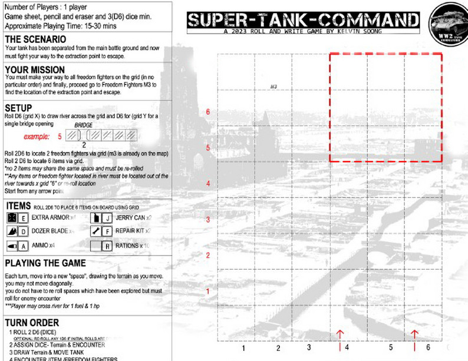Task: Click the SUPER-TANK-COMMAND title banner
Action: click(304, 21)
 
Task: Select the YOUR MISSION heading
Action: click(35, 70)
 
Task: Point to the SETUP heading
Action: click(18, 108)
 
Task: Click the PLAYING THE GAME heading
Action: click(54, 263)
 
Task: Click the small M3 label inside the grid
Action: click(274, 87)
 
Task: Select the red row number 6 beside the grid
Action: click(208, 111)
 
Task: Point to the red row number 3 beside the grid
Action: click(208, 220)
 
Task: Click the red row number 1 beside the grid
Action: click(208, 292)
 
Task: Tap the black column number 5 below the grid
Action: click(391, 348)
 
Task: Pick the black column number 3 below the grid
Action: click(309, 347)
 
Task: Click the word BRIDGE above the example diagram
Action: click(84, 125)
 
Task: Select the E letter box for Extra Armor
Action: click(24, 218)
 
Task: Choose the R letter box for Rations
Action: click(108, 245)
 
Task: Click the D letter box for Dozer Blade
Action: click(24, 231)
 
